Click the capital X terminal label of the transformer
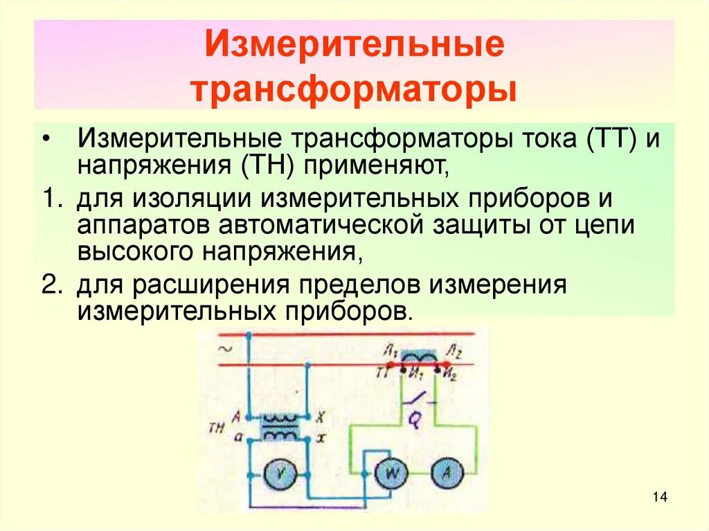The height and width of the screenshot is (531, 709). [320, 417]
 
